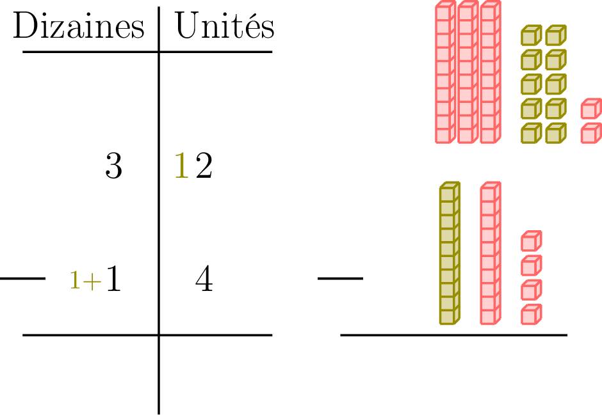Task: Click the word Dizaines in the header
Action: pyautogui.click(x=79, y=27)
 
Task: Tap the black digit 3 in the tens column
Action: pyautogui.click(x=113, y=167)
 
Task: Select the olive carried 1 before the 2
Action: pyautogui.click(x=183, y=167)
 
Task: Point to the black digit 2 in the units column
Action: pyautogui.click(x=204, y=167)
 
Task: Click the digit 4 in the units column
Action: pyautogui.click(x=204, y=280)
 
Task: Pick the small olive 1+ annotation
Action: pyautogui.click(x=85, y=281)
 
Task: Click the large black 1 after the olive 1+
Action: pyautogui.click(x=113, y=279)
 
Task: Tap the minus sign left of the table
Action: pyautogui.click(x=22, y=278)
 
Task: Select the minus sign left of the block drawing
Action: pyautogui.click(x=340, y=278)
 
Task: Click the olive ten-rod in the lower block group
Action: pyautogui.click(x=450, y=253)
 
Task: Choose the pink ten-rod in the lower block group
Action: pyautogui.click(x=491, y=253)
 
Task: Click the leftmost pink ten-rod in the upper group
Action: pyautogui.click(x=445, y=73)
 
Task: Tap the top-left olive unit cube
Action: pyautogui.click(x=531, y=36)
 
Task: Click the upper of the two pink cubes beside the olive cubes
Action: pyautogui.click(x=590, y=109)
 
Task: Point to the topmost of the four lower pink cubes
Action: pyautogui.click(x=531, y=241)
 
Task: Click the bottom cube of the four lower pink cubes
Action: pyautogui.click(x=531, y=315)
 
